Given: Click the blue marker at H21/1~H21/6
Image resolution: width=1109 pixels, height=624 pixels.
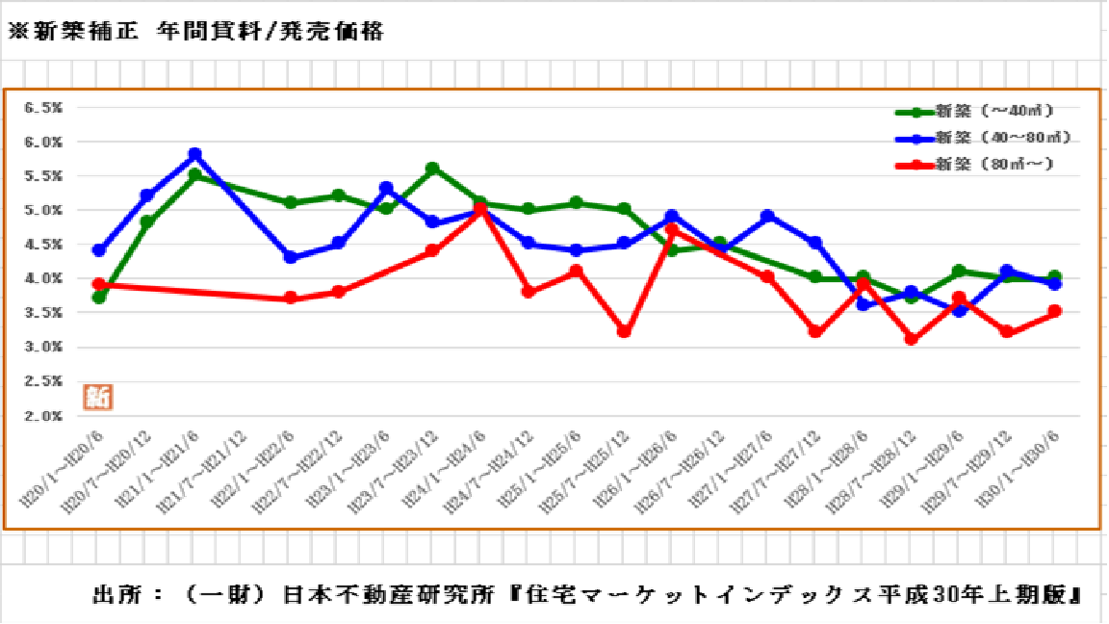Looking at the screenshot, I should click(x=194, y=154).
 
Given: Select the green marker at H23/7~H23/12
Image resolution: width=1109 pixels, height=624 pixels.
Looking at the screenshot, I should click(x=432, y=169).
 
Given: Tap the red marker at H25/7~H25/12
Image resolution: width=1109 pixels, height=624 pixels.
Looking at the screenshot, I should click(x=624, y=331).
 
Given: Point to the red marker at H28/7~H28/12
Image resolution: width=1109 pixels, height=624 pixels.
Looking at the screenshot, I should click(x=911, y=339).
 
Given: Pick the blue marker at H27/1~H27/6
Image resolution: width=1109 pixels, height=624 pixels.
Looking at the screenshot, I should click(x=767, y=217).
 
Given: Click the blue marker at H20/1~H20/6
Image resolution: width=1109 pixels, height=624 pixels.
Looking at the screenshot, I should click(x=99, y=250).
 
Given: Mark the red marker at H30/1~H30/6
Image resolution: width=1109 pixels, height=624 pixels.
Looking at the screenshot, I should click(x=1054, y=311).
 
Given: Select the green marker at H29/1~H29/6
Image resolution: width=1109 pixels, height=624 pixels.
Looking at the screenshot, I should click(x=959, y=272).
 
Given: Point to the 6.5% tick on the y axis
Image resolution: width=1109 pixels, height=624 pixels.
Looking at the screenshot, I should click(x=44, y=108).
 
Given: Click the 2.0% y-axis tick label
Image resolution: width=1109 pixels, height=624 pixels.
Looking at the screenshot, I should click(x=44, y=416).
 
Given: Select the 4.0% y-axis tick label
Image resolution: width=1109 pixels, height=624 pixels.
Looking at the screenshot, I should click(x=44, y=278).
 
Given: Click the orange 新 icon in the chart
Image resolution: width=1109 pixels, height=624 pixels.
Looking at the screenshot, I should click(x=98, y=396).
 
